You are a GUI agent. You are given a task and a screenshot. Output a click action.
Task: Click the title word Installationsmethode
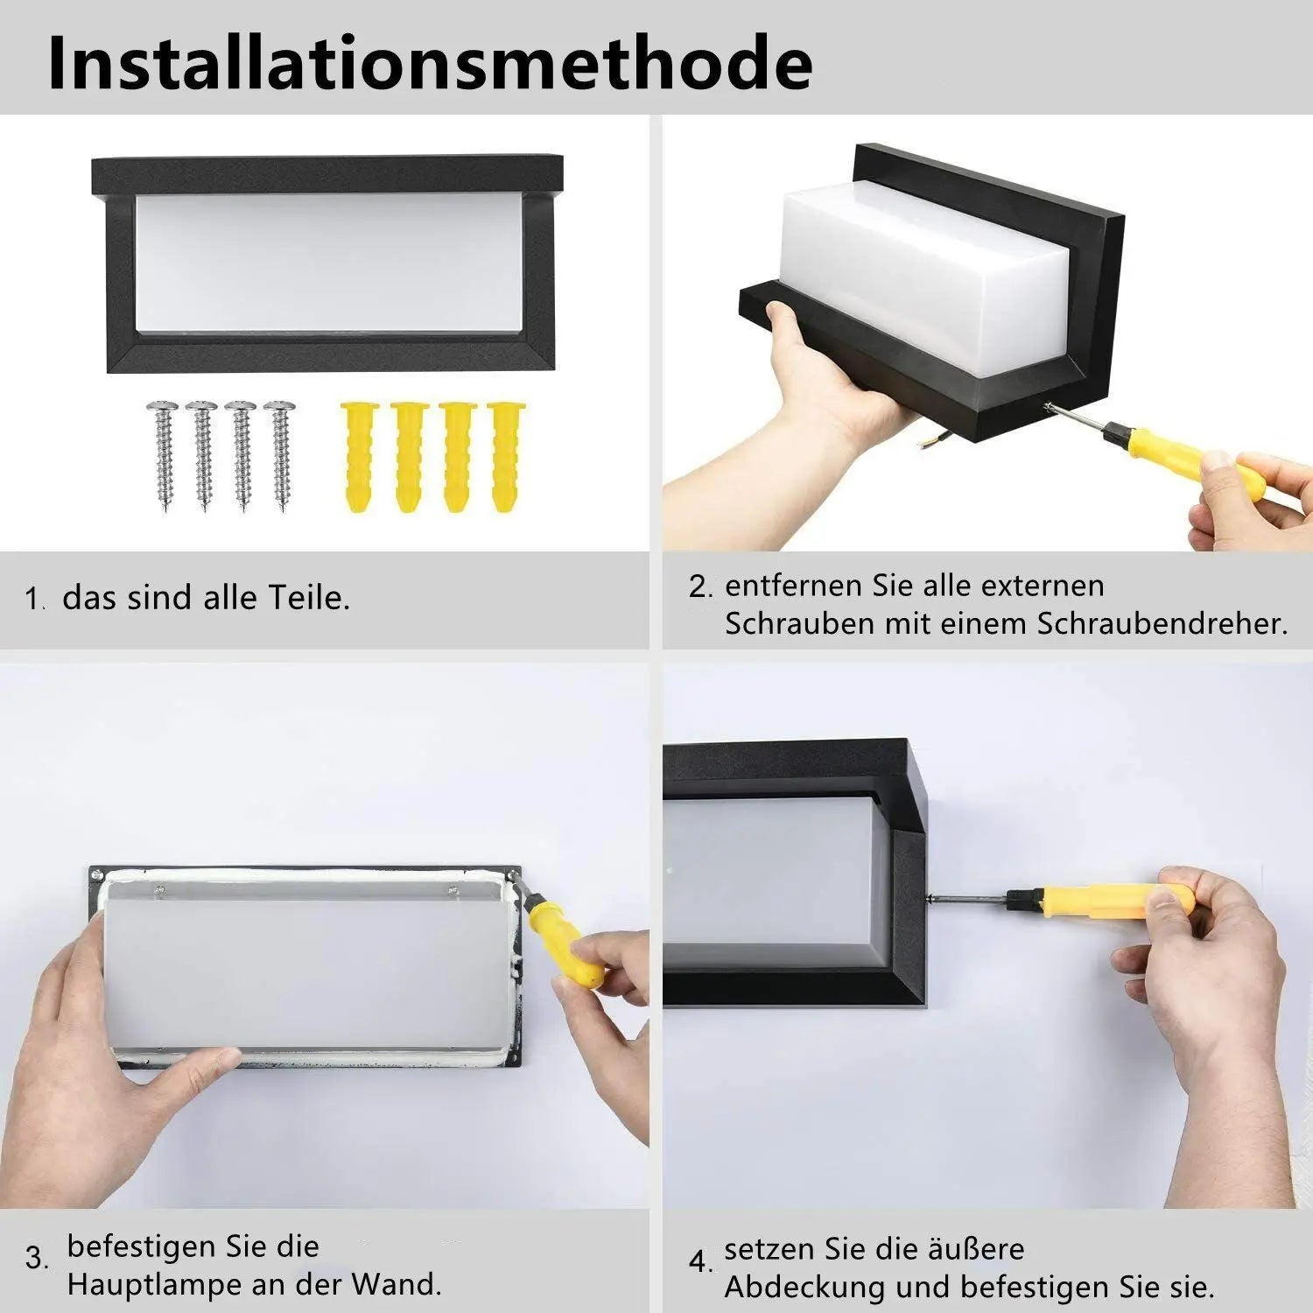[430, 63]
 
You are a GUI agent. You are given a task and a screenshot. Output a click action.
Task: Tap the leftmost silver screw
[163, 455]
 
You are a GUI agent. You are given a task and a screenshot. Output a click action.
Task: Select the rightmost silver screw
[280, 455]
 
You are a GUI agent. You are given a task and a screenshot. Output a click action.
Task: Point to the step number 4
[699, 1261]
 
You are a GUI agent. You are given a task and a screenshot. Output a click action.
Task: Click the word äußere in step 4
[969, 1248]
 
